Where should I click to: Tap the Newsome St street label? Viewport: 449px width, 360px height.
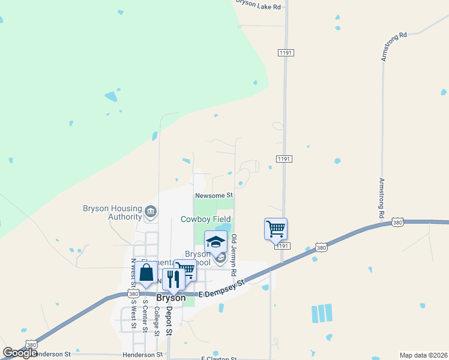[213, 196]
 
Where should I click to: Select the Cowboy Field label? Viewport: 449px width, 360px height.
[206, 220]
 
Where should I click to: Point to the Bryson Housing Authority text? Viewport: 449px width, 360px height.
[112, 212]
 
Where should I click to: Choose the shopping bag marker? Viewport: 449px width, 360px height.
[146, 272]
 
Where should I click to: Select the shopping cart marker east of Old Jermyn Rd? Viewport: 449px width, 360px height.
[276, 229]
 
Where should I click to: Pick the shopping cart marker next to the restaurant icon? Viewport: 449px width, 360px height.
[185, 270]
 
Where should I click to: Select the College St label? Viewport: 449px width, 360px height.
[156, 321]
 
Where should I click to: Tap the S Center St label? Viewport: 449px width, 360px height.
[144, 320]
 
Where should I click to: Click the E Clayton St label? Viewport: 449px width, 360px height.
[220, 358]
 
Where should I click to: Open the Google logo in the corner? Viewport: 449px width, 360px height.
[20, 353]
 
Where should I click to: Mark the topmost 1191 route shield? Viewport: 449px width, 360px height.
[285, 53]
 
